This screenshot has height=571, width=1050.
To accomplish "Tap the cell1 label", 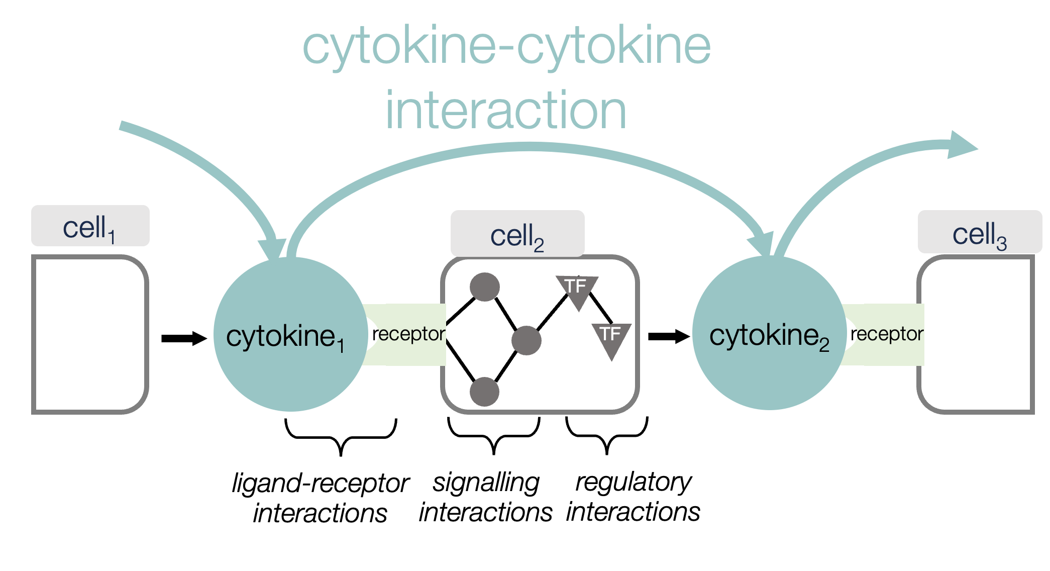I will tap(90, 227).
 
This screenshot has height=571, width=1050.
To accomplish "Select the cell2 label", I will tap(517, 235).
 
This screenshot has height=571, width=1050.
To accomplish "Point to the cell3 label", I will tap(979, 233).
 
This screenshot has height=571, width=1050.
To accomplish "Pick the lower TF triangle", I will tap(611, 337).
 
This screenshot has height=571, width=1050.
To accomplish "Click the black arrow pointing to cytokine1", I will tap(184, 338).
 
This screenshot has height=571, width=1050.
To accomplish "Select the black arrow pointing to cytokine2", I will tap(669, 336).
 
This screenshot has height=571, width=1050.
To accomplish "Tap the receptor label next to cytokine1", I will tap(408, 334).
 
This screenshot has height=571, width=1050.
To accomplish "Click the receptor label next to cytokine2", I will tap(887, 334).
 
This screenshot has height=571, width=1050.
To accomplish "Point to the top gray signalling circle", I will tap(484, 287).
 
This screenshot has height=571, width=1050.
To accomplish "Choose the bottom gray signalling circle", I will tap(484, 392).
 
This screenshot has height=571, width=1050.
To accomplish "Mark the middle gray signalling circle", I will tap(526, 340).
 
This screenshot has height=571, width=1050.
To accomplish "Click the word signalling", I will tap(486, 483).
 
